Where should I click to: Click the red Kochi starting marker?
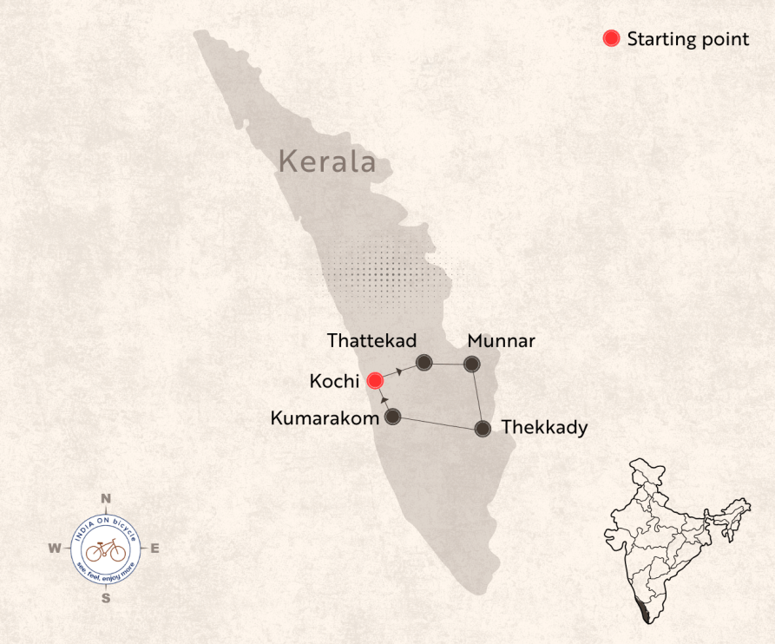[x=375, y=380]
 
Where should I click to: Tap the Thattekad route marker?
[x=424, y=362]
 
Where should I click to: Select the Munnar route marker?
[x=471, y=364]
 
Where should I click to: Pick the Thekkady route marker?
[x=482, y=428]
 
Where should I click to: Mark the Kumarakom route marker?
[x=392, y=417]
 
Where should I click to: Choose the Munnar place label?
[x=501, y=340]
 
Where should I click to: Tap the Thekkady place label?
[x=544, y=427]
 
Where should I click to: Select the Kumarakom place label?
[x=325, y=418]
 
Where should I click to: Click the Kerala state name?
[x=328, y=161]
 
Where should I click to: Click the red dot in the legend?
[x=612, y=38]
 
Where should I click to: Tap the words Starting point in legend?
[x=687, y=39]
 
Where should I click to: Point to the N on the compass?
[x=106, y=498]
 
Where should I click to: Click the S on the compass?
[x=106, y=597]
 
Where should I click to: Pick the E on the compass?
[x=155, y=548]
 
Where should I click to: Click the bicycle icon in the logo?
[x=105, y=549]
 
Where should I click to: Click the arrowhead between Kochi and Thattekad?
[x=398, y=371]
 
